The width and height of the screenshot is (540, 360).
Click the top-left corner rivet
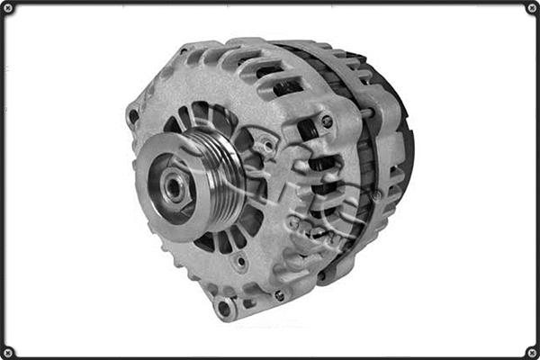point(8,8)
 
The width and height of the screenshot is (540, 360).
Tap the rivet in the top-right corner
point(531,8)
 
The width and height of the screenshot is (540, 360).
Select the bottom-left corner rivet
point(8,351)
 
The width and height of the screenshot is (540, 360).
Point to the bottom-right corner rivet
point(531,351)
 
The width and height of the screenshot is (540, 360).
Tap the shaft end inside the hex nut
point(176,187)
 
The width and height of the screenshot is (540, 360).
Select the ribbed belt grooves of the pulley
point(220,184)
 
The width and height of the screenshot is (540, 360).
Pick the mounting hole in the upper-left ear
point(134,115)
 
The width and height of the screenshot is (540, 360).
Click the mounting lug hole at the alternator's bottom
point(223,308)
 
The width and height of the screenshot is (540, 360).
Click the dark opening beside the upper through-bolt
point(306,130)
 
